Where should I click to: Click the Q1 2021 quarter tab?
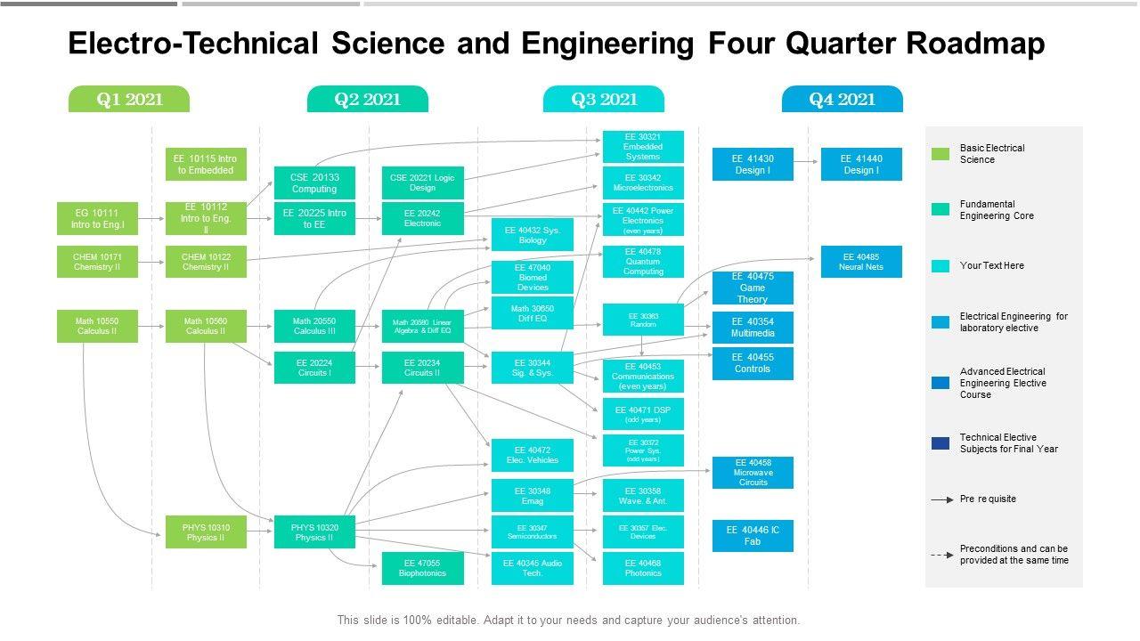pos(129,100)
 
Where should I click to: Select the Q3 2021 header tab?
pos(604,100)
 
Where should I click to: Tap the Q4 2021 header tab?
pos(842,100)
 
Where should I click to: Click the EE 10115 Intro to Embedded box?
pos(206,165)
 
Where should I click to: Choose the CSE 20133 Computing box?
pos(314,183)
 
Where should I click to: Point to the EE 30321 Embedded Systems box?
pos(643,147)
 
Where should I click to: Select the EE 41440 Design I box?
pos(860,165)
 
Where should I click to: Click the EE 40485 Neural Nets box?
pos(860,262)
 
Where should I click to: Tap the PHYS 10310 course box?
pos(206,532)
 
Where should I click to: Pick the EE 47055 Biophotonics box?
pos(422,568)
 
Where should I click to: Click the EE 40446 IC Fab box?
pos(753,535)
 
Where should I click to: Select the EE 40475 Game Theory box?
pos(753,288)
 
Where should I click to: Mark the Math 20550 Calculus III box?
pos(314,326)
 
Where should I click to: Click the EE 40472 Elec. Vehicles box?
pos(533,455)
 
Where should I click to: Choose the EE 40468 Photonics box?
pos(643,568)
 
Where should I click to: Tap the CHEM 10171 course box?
pos(97,262)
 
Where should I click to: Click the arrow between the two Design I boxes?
pos(806,162)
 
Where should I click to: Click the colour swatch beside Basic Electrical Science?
pos(940,154)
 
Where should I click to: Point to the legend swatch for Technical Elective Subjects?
pos(940,443)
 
